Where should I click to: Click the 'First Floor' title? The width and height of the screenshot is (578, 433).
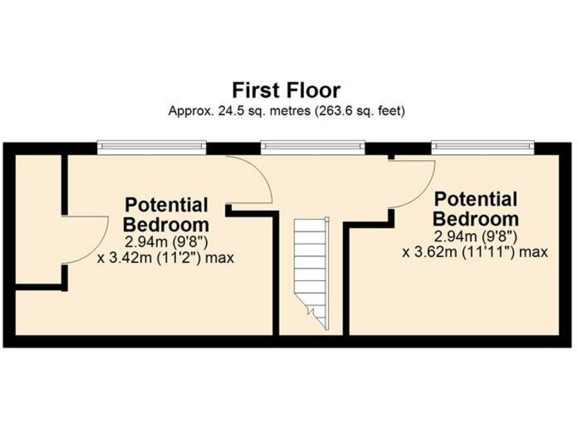click(286, 91)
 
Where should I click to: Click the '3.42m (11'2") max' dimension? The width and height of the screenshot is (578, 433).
click(166, 258)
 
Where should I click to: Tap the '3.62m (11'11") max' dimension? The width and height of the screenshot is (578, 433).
click(476, 252)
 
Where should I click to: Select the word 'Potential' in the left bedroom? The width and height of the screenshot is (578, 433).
click(166, 204)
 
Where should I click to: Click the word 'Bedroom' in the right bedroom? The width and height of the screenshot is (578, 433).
click(477, 219)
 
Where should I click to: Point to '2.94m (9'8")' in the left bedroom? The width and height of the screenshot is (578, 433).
click(166, 242)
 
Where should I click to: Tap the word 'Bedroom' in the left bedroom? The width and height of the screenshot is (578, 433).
click(166, 224)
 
